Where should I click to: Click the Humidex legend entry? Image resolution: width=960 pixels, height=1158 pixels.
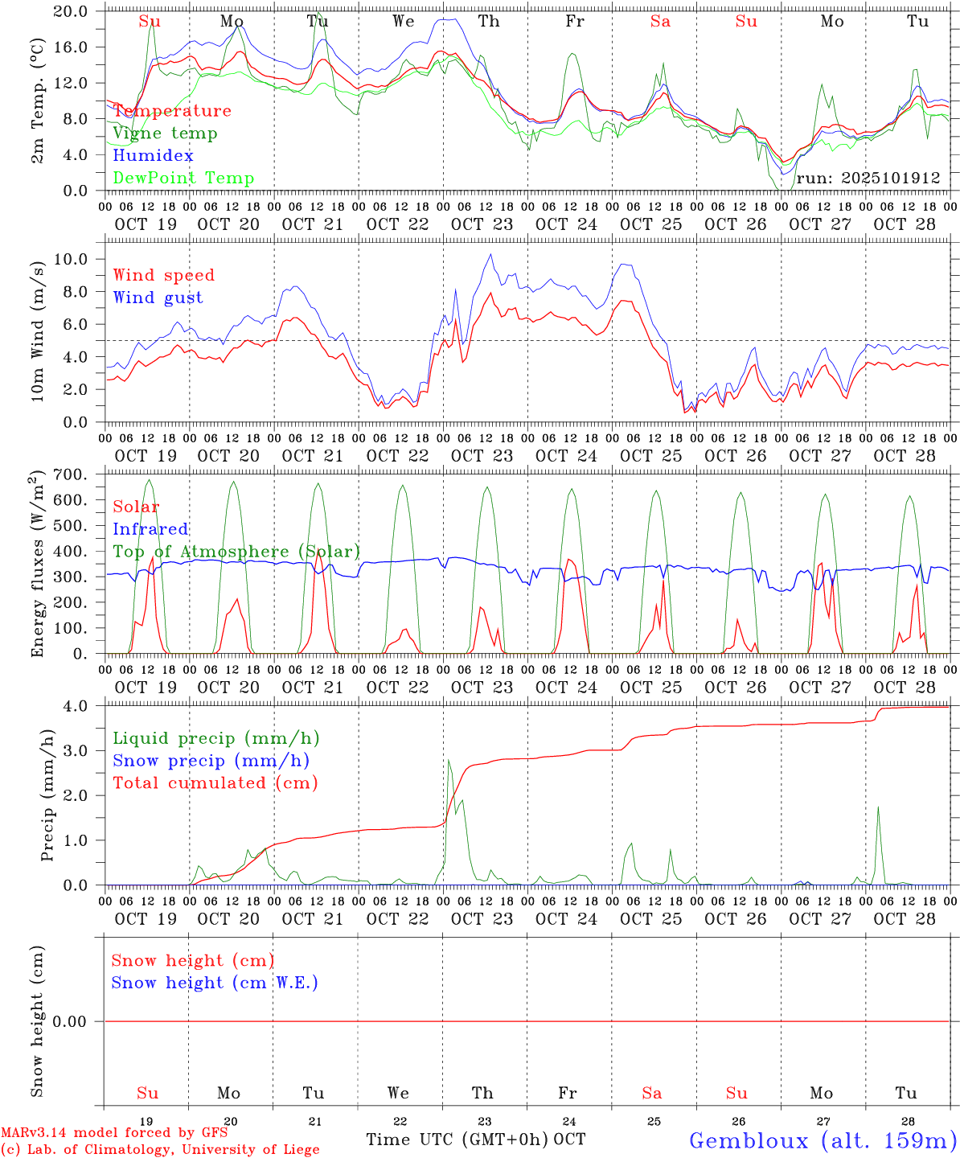click(x=153, y=155)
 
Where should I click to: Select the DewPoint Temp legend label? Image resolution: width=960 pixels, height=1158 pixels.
click(x=183, y=178)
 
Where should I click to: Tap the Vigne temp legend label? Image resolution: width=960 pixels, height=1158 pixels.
click(x=165, y=133)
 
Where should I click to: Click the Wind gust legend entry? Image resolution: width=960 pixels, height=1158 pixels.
click(x=158, y=298)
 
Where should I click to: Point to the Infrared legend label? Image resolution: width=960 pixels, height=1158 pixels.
click(x=150, y=529)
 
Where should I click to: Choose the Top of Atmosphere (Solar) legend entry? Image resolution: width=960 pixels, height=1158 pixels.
click(x=236, y=552)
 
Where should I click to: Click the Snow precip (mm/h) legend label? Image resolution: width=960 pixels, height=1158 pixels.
click(x=211, y=761)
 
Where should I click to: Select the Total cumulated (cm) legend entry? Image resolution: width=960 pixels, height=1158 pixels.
click(x=215, y=783)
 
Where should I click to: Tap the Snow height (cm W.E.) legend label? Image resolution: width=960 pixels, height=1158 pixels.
click(x=215, y=983)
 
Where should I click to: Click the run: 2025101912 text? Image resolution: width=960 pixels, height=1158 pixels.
click(x=868, y=178)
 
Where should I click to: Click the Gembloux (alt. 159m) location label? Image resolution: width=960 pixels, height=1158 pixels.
click(x=823, y=1140)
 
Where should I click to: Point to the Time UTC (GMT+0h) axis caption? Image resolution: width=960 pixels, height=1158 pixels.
click(x=457, y=1140)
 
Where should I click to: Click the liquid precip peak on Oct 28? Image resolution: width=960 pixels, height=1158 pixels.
click(x=878, y=807)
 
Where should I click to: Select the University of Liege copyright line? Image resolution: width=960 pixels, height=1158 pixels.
click(x=160, y=1150)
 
